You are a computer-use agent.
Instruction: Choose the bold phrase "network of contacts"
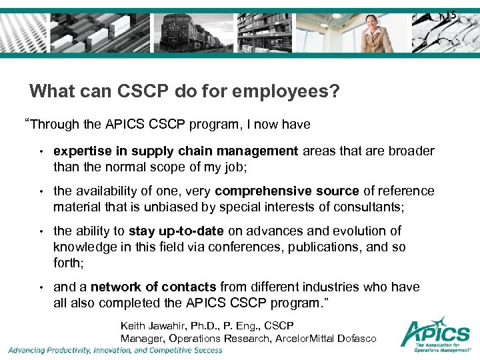[x=153, y=287]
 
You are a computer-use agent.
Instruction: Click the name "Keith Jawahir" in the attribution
[x=149, y=326]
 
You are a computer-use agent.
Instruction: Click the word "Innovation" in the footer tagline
[x=120, y=350]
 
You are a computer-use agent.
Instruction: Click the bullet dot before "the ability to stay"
[x=41, y=232]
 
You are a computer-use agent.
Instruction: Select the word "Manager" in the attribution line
[x=139, y=339]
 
